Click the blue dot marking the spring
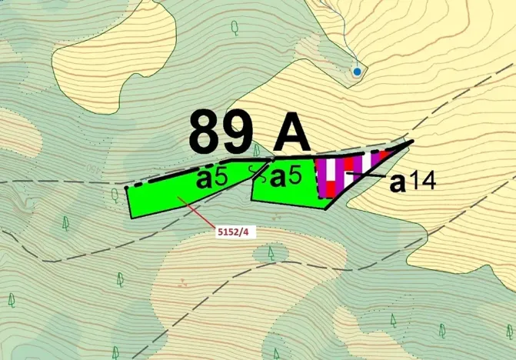[357, 72]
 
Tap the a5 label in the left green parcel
[211, 178]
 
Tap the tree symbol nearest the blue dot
[235, 27]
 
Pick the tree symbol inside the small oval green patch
[271, 252]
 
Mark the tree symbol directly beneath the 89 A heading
[257, 148]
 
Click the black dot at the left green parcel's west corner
[126, 187]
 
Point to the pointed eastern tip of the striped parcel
[413, 142]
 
